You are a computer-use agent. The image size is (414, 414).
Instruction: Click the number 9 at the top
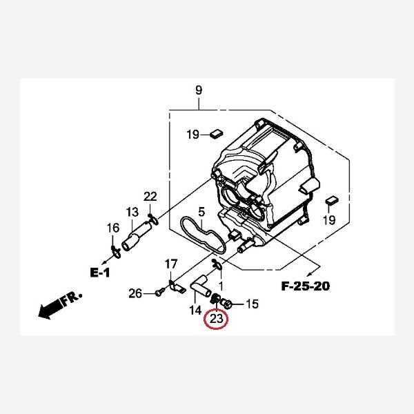(x=199, y=90)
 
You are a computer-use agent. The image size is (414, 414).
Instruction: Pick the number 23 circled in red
(x=216, y=319)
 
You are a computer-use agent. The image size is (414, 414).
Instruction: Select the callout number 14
(x=195, y=310)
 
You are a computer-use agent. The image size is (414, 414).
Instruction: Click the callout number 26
(x=135, y=294)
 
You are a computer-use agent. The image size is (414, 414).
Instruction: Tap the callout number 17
(x=171, y=264)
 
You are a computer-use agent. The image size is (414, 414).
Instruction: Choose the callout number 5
(x=201, y=212)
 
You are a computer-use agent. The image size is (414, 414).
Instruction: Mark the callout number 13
(x=132, y=212)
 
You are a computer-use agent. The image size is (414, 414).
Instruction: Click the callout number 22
(x=150, y=197)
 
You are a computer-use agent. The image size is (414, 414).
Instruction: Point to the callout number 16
(x=112, y=229)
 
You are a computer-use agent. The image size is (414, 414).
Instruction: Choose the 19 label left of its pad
(x=193, y=134)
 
